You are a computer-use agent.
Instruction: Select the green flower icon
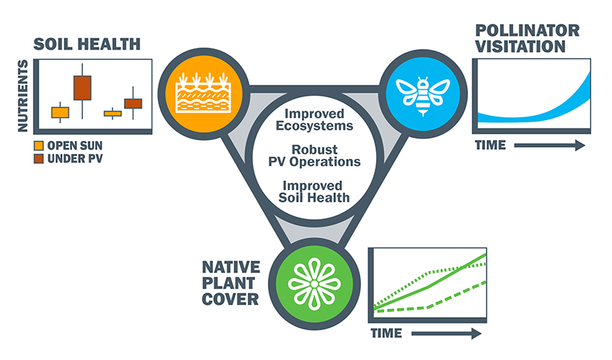(314, 284)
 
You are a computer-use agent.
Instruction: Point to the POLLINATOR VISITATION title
(519, 37)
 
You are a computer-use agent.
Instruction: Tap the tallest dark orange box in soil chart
(82, 88)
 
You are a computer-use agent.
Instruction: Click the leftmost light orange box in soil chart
(60, 112)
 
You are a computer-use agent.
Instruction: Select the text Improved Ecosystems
(315, 120)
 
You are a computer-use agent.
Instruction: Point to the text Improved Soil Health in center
(315, 191)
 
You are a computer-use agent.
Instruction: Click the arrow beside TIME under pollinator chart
(549, 146)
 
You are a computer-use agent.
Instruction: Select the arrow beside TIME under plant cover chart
(445, 334)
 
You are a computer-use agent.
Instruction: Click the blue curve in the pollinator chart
(534, 112)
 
